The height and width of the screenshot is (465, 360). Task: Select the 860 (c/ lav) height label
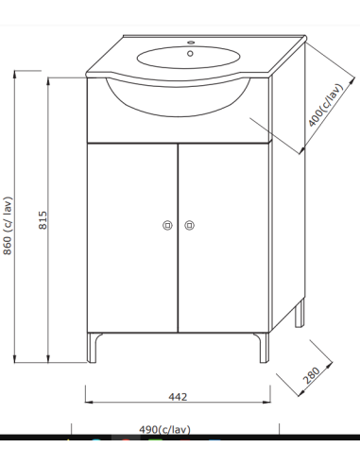[9, 225]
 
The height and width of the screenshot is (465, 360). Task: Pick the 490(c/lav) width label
[165, 429]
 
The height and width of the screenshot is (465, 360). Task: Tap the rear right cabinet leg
[300, 314]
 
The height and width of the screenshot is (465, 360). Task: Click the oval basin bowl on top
[180, 56]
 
